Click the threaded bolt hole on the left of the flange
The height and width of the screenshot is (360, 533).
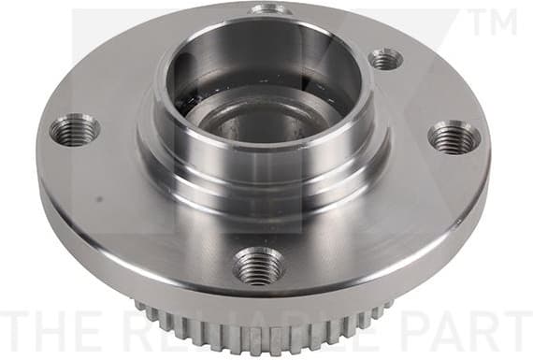74,130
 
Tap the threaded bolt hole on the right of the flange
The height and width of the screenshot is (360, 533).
454,137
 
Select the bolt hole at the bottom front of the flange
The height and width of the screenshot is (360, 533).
258,266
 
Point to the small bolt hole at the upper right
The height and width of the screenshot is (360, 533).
384,60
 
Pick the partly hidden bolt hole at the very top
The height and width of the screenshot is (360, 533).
270,9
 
